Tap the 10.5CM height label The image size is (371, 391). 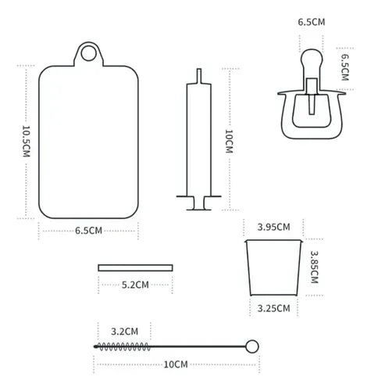coord(27,142)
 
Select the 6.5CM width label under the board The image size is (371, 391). coord(88,231)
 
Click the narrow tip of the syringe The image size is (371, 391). coord(199,76)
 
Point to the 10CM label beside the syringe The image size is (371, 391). coord(229,142)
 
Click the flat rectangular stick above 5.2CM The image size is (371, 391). coord(135,267)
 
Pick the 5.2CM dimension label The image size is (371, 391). coord(135,285)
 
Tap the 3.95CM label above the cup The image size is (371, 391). coord(273,227)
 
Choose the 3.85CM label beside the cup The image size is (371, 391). coord(314,267)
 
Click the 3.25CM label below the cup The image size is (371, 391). coord(273,308)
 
